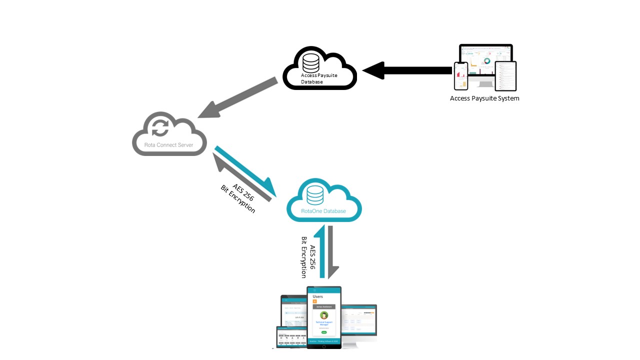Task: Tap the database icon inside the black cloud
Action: click(x=310, y=62)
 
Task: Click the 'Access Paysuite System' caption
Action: click(x=484, y=98)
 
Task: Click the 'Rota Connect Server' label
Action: click(x=169, y=145)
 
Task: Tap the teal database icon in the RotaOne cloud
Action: click(x=315, y=195)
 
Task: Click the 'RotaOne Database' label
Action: click(x=323, y=211)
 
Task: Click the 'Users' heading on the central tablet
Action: click(x=317, y=296)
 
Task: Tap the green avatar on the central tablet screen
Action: click(x=324, y=315)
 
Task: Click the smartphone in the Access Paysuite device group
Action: click(x=460, y=76)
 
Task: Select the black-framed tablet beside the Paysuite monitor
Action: click(x=505, y=76)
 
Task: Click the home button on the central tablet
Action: click(x=324, y=345)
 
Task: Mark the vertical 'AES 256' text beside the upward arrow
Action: click(x=313, y=257)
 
